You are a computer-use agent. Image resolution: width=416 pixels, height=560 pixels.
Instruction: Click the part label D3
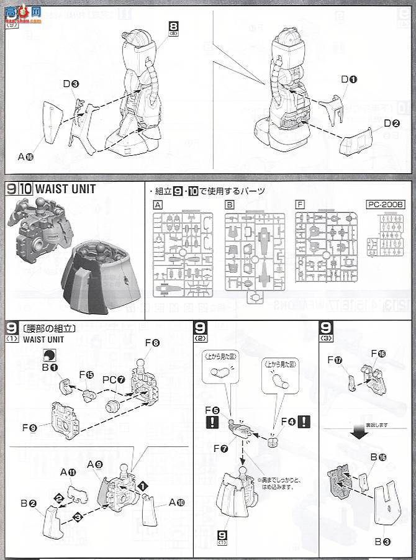[70, 83]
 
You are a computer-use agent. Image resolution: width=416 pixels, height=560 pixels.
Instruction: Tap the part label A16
[25, 157]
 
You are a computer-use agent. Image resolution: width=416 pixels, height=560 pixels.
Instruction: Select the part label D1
[349, 79]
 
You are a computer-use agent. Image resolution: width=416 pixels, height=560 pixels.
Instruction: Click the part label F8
[152, 343]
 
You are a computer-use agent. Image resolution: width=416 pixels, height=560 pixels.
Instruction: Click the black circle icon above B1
[47, 355]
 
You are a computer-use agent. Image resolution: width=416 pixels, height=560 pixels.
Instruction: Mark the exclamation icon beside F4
[304, 422]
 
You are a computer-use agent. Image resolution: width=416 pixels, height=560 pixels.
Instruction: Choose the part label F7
[221, 448]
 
